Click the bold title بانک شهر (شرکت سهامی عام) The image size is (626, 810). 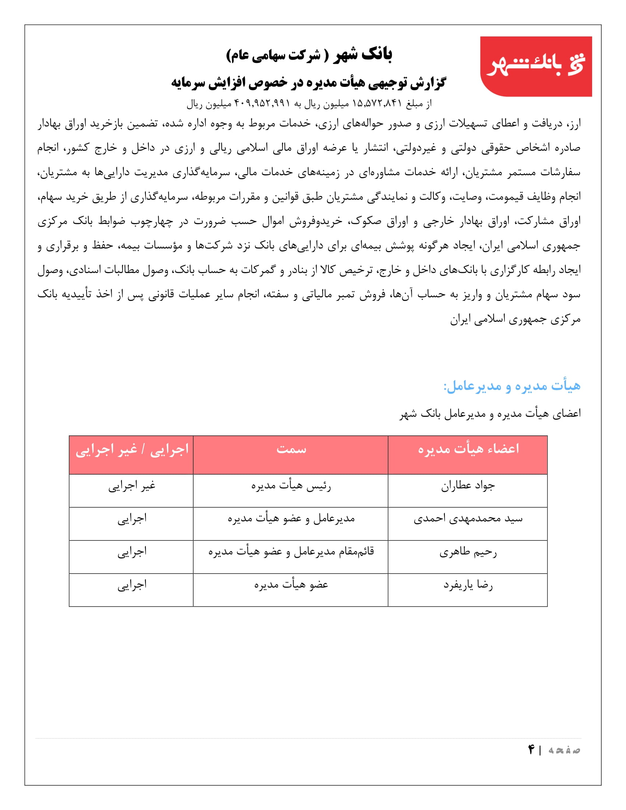(309, 55)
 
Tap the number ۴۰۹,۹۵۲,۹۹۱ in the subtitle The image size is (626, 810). (262, 103)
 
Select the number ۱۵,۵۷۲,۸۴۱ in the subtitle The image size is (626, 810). (377, 103)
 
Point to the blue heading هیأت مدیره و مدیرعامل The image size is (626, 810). (512, 386)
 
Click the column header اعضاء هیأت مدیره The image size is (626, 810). (468, 449)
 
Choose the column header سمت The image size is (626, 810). (291, 449)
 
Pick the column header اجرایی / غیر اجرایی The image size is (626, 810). (132, 449)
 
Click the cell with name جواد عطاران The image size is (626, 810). (468, 486)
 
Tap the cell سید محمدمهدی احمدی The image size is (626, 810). (468, 519)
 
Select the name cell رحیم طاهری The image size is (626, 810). (468, 552)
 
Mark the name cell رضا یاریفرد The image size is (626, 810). (468, 585)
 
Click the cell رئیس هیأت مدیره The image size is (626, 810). (291, 486)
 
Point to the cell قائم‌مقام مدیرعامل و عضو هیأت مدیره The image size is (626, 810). (291, 552)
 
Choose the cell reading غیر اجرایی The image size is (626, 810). (132, 486)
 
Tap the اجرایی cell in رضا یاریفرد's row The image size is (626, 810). (132, 585)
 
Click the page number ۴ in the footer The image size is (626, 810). (531, 750)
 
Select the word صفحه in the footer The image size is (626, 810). (564, 750)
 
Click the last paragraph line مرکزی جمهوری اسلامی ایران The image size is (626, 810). (515, 319)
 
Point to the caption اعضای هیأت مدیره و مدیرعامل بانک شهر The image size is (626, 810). (490, 413)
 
